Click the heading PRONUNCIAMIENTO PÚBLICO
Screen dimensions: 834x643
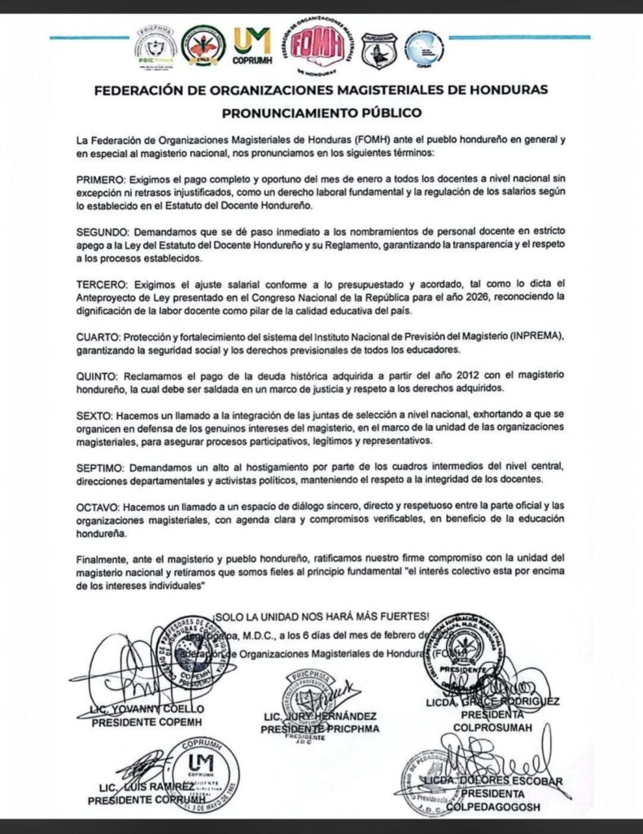321,112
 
